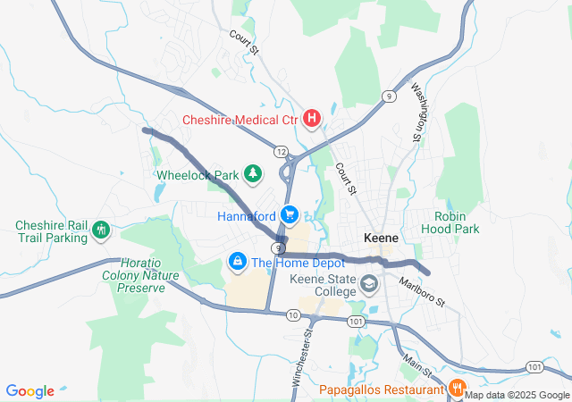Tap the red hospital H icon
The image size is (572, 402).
(x=312, y=118)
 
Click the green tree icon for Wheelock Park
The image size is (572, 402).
(x=254, y=173)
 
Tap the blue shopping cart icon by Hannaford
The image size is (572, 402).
(x=289, y=215)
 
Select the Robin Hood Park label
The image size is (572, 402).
(x=458, y=222)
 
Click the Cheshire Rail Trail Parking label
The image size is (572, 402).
(x=51, y=231)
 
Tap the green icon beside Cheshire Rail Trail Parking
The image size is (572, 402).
(x=101, y=231)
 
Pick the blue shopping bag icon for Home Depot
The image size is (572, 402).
(x=237, y=262)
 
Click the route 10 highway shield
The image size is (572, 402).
(x=293, y=314)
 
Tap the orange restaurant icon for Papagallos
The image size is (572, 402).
(x=457, y=389)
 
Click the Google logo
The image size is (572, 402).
(x=30, y=391)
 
